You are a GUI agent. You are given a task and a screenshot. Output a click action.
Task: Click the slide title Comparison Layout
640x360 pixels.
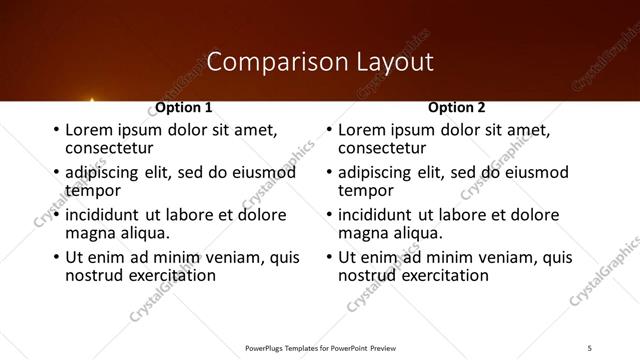[x=320, y=62]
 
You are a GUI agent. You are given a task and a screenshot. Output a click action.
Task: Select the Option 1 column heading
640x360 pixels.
[x=184, y=107]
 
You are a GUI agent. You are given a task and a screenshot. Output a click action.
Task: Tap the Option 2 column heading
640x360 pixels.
[x=457, y=107]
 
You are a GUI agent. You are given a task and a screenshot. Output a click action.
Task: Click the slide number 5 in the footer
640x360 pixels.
[x=590, y=347]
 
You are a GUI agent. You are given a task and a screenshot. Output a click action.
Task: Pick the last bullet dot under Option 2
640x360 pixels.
[x=328, y=257]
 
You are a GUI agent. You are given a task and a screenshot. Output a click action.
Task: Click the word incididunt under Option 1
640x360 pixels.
[x=103, y=215]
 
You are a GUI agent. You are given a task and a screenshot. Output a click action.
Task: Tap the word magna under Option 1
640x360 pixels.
[x=87, y=232]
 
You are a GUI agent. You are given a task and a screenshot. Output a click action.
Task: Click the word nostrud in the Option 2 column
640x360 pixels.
[x=366, y=274]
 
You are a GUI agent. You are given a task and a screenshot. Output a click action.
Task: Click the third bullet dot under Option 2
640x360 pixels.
[x=328, y=215]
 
